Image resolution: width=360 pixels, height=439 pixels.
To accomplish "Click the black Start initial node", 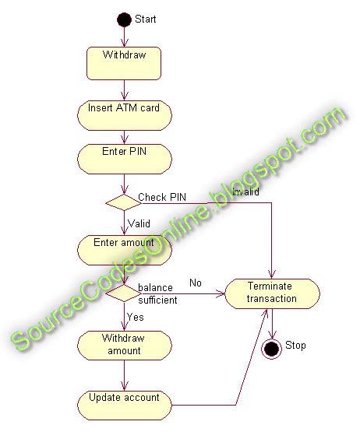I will coord(124,19).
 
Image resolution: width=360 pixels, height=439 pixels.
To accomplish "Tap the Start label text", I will coord(146,19).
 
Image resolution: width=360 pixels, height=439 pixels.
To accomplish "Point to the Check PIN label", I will coord(161,197).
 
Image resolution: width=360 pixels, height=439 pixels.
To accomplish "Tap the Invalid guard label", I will coord(244,191).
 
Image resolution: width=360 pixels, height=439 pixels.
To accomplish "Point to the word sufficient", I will coord(158,300).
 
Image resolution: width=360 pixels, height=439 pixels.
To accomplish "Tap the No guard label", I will coord(195,283).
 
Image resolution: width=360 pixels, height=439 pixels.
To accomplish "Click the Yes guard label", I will coord(136,317).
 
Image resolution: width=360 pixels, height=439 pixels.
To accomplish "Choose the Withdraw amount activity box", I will coord(125,345).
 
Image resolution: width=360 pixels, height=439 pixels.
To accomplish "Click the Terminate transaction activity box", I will coord(272,293).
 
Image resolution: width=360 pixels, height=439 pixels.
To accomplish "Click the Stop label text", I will coord(296,346).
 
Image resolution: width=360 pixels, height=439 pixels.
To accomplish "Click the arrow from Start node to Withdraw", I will coord(124,36).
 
